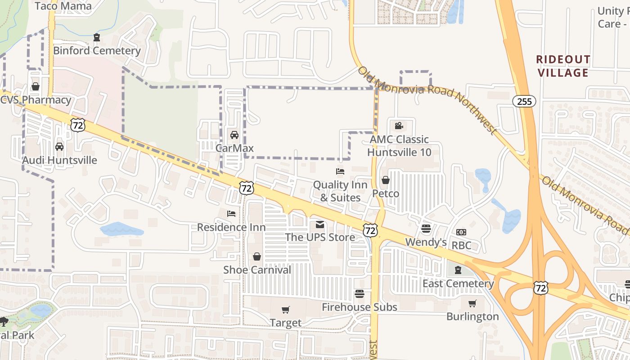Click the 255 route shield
pyautogui.click(x=524, y=101)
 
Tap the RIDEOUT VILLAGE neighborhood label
pyautogui.click(x=563, y=66)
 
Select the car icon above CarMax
pyautogui.click(x=234, y=135)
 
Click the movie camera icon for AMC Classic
pyautogui.click(x=399, y=126)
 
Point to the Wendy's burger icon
pyautogui.click(x=426, y=229)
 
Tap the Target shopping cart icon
pyautogui.click(x=285, y=310)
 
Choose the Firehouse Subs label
pyautogui.click(x=360, y=307)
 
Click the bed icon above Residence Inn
pyautogui.click(x=231, y=214)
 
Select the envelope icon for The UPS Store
pyautogui.click(x=320, y=225)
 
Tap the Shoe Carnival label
pyautogui.click(x=257, y=270)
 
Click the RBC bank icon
pyautogui.click(x=461, y=232)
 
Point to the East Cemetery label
pyautogui.click(x=458, y=283)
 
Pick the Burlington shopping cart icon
pyautogui.click(x=472, y=304)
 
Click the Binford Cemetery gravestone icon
pyautogui.click(x=97, y=37)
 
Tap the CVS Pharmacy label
pyautogui.click(x=36, y=100)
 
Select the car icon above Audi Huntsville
pyautogui.click(x=59, y=147)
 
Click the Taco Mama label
pyautogui.click(x=63, y=6)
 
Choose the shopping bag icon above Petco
pyautogui.click(x=386, y=180)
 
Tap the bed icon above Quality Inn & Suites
pyautogui.click(x=340, y=171)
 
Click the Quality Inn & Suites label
pyautogui.click(x=340, y=191)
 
